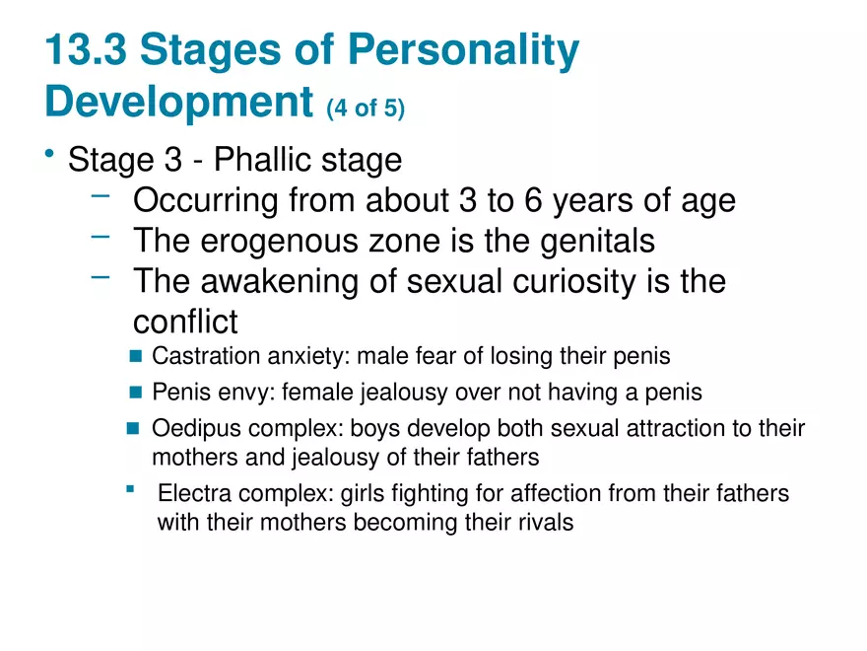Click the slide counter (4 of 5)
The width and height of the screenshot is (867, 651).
(x=366, y=108)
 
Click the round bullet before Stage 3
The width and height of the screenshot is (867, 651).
(x=49, y=155)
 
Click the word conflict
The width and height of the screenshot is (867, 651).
(x=185, y=322)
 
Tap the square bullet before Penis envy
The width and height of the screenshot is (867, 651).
(x=136, y=393)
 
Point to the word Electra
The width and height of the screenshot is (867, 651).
(x=192, y=492)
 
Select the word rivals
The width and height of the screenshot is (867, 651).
(x=545, y=522)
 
